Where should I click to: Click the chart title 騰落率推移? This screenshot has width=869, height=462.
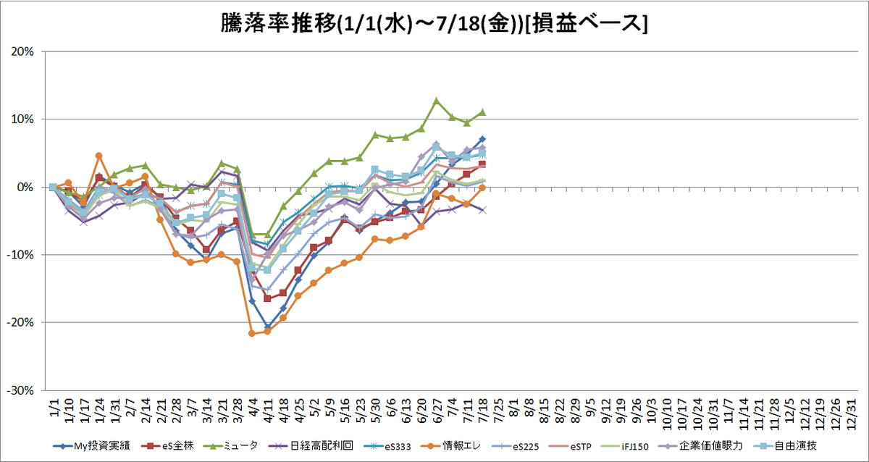click(x=278, y=24)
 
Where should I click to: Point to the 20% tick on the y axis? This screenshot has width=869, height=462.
click(x=22, y=51)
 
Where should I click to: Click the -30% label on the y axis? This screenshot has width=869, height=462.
click(x=20, y=390)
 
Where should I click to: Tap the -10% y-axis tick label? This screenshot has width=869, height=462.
click(x=20, y=255)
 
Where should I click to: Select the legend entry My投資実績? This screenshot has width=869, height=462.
click(x=91, y=446)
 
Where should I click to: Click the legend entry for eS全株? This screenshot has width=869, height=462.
click(x=167, y=446)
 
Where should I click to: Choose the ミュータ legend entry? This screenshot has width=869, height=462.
click(x=231, y=446)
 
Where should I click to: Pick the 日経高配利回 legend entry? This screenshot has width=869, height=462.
click(x=311, y=446)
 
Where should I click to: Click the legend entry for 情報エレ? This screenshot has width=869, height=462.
click(x=450, y=446)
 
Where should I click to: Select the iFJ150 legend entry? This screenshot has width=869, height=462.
click(x=624, y=447)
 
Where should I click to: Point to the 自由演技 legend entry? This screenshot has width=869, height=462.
click(x=785, y=446)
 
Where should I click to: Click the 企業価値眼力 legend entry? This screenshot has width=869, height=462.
click(x=701, y=446)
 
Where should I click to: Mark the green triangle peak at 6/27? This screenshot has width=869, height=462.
click(x=437, y=101)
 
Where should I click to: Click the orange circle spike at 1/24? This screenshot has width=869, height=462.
click(x=99, y=156)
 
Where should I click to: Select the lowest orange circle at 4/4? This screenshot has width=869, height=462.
click(x=251, y=333)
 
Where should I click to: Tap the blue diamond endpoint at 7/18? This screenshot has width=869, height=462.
click(x=482, y=139)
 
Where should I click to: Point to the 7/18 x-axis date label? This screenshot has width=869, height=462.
click(x=483, y=411)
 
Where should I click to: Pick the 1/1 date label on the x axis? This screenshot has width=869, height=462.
click(x=54, y=407)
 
